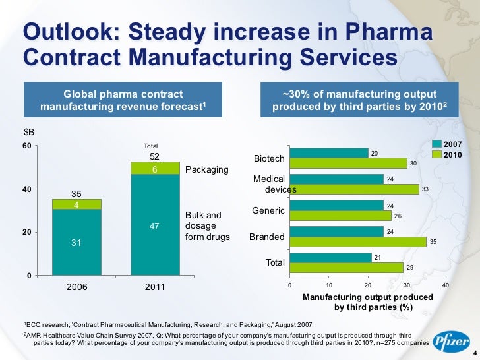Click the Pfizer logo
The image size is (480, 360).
pyautogui.click(x=451, y=341)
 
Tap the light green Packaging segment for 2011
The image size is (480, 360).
pyautogui.click(x=156, y=169)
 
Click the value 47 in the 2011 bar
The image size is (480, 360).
pyautogui.click(x=156, y=226)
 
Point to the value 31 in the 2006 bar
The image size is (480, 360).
pyautogui.click(x=76, y=243)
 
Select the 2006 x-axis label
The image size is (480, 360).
pyautogui.click(x=76, y=288)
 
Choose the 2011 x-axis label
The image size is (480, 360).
pyautogui.click(x=156, y=288)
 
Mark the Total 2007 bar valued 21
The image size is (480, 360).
pyautogui.click(x=330, y=257)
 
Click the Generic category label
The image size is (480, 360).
pyautogui.click(x=268, y=211)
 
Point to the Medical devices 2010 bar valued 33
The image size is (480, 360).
pyautogui.click(x=354, y=189)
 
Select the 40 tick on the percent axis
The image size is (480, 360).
pyautogui.click(x=446, y=285)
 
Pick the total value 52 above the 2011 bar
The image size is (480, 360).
pyautogui.click(x=156, y=157)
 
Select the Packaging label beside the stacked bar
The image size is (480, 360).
pyautogui.click(x=207, y=170)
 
